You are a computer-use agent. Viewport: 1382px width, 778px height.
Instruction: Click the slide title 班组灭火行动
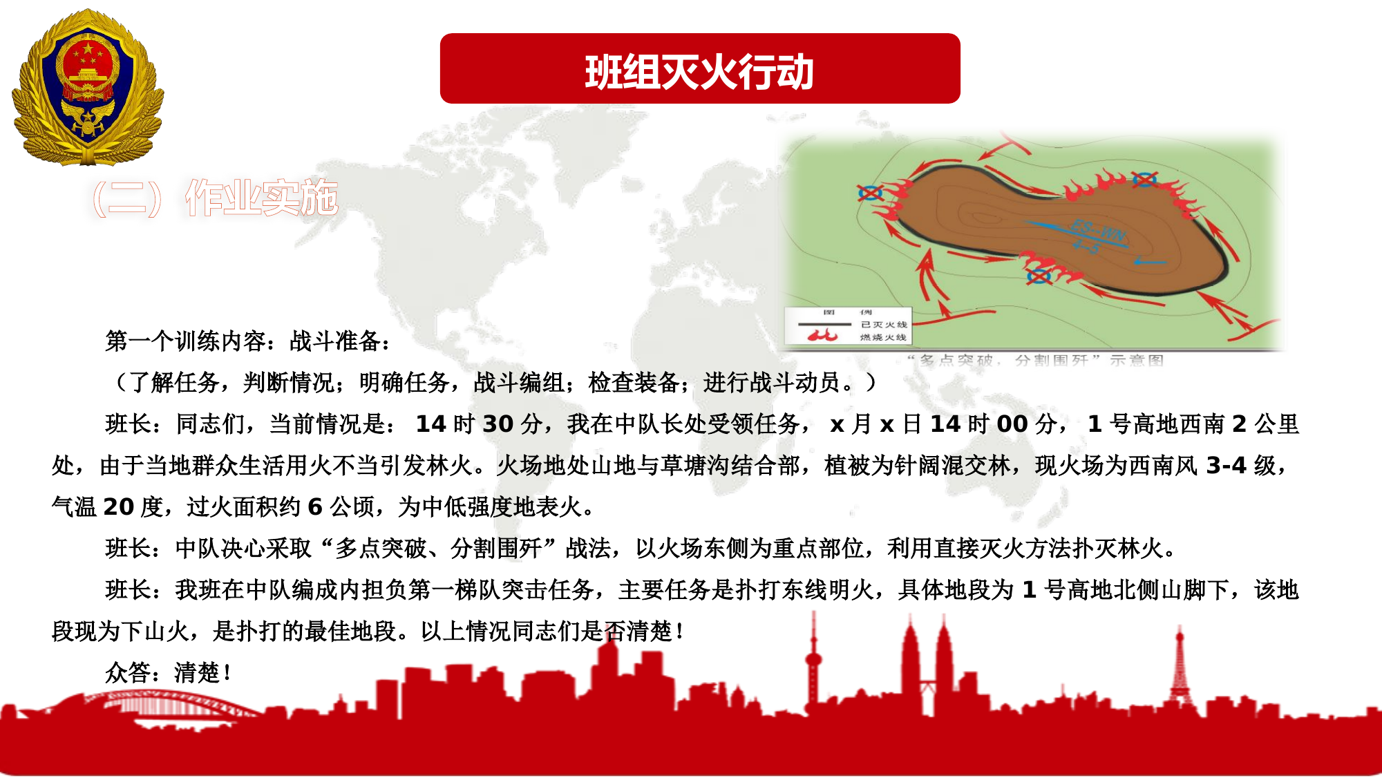(x=699, y=71)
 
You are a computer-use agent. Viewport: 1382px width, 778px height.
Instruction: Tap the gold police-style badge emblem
(x=88, y=88)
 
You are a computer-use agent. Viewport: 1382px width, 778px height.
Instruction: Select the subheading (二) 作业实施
(x=214, y=198)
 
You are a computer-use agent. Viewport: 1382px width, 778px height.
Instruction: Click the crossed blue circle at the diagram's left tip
(x=870, y=193)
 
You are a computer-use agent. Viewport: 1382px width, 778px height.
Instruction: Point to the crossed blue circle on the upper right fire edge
(x=1144, y=180)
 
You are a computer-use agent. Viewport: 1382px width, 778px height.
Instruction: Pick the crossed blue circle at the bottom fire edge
(x=1038, y=276)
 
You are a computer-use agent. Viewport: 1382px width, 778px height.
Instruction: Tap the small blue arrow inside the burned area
(x=1150, y=262)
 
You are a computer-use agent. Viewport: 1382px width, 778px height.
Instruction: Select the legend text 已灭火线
(x=884, y=324)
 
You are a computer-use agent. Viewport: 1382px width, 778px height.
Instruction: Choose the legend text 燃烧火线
(x=884, y=337)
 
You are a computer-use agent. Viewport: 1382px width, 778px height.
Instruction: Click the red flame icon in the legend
(x=822, y=336)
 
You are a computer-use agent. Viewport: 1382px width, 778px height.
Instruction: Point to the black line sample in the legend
(x=824, y=324)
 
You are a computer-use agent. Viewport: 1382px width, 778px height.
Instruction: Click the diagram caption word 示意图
(x=1137, y=360)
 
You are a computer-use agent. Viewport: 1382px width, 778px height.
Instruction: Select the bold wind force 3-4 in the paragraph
(x=1226, y=465)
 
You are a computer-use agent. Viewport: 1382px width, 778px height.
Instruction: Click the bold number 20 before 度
(x=118, y=506)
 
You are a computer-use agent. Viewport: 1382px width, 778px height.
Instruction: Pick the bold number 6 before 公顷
(x=315, y=506)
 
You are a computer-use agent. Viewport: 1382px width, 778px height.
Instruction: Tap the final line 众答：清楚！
(x=169, y=672)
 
